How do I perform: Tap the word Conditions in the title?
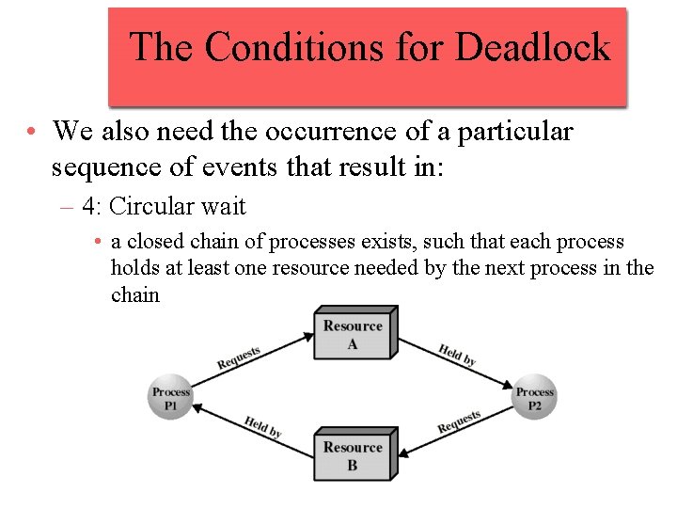coord(330,46)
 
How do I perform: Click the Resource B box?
coord(353,455)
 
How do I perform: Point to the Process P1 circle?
coord(171,398)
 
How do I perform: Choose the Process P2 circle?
coord(534,398)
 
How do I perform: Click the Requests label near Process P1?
coord(239,357)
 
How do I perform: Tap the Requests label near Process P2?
coord(460,421)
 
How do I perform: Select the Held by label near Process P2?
coord(457,355)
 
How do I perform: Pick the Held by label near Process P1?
coord(263,426)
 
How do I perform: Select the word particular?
coord(514,132)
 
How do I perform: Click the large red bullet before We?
coord(32,133)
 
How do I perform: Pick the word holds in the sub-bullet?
coord(134,268)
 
